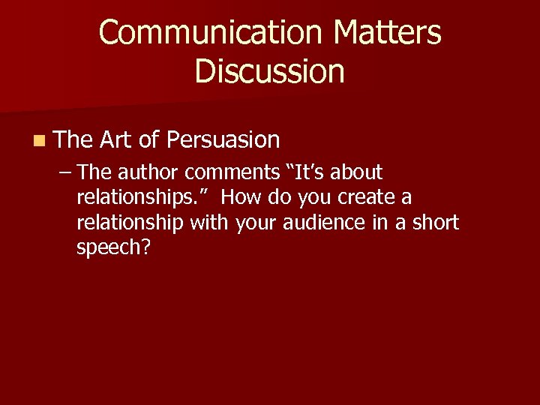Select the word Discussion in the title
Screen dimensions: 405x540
pyautogui.click(x=270, y=71)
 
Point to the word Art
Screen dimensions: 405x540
pyautogui.click(x=115, y=139)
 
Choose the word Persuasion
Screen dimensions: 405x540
pyautogui.click(x=223, y=139)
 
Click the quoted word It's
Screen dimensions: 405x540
pyautogui.click(x=308, y=172)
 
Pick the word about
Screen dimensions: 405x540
pyautogui.click(x=356, y=172)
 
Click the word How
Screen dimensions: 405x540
pyautogui.click(x=241, y=198)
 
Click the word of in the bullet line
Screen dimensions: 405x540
pyautogui.click(x=148, y=139)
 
